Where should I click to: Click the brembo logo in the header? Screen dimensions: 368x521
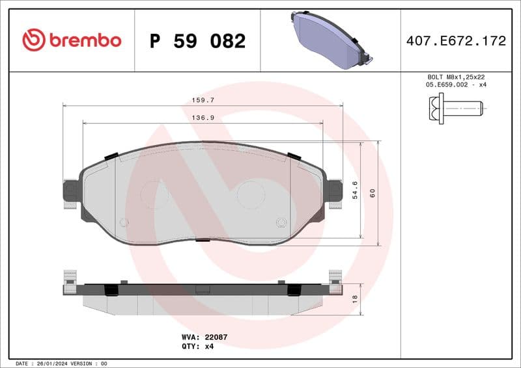pyautogui.click(x=72, y=40)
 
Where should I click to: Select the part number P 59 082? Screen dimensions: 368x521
pyautogui.click(x=197, y=41)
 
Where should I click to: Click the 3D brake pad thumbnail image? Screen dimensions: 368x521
pyautogui.click(x=329, y=40)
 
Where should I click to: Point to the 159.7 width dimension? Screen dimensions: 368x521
pyautogui.click(x=203, y=100)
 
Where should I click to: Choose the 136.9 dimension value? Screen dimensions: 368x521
pyautogui.click(x=203, y=118)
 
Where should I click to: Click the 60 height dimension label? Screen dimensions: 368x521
pyautogui.click(x=373, y=193)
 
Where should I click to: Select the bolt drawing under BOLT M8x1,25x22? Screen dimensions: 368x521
pyautogui.click(x=455, y=105)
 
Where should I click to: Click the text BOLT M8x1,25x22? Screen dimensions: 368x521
pyautogui.click(x=455, y=77)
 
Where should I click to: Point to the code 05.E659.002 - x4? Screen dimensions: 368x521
pyautogui.click(x=455, y=85)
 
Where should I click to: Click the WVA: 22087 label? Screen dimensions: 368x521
pyautogui.click(x=204, y=337)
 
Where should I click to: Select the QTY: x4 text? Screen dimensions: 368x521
pyautogui.click(x=197, y=346)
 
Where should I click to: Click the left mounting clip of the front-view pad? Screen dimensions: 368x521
pyautogui.click(x=70, y=191)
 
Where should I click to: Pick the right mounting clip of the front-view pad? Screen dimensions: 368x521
pyautogui.click(x=335, y=191)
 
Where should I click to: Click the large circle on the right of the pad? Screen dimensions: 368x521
pyautogui.click(x=250, y=194)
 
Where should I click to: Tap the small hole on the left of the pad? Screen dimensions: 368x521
pyautogui.click(x=124, y=222)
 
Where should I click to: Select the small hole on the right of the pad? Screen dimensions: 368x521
pyautogui.click(x=281, y=222)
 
